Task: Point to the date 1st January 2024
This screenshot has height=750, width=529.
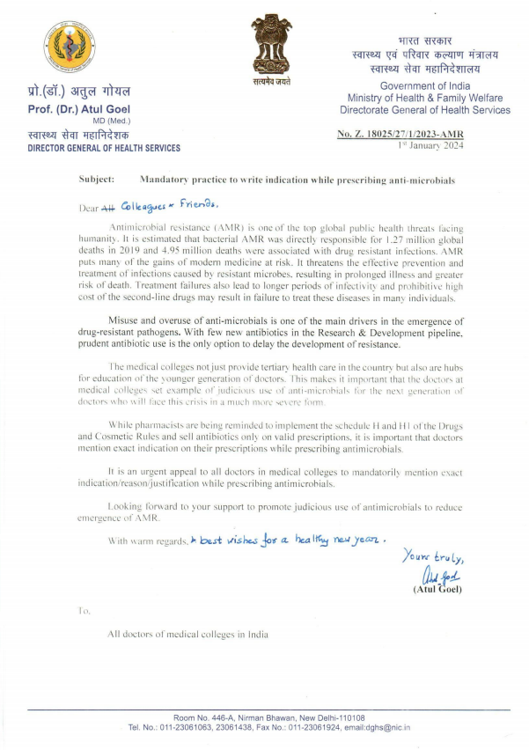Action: (429, 143)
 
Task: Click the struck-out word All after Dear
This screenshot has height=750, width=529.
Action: (107, 208)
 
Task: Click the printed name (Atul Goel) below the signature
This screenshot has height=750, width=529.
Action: (437, 589)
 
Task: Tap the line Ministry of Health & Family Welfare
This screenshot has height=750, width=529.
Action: (424, 98)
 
